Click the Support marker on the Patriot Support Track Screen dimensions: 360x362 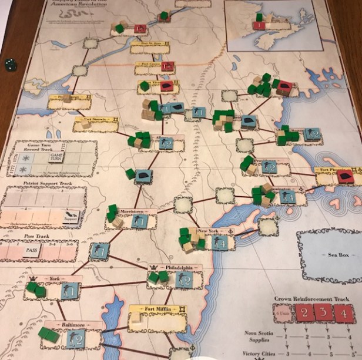click(72, 218)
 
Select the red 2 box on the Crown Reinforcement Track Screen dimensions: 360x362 click(306, 312)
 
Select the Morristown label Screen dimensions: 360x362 click(128, 211)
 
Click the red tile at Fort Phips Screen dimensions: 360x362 click(345, 176)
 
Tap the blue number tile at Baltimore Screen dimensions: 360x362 click(76, 338)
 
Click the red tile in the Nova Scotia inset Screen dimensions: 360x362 click(259, 25)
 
